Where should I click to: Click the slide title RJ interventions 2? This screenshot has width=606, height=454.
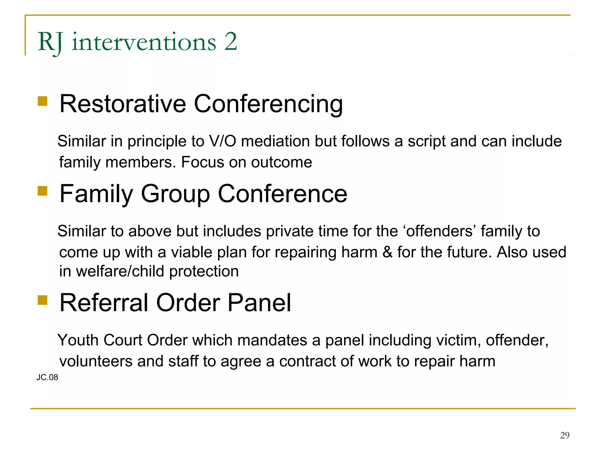[x=137, y=42]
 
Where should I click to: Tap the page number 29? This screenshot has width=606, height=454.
[x=565, y=435]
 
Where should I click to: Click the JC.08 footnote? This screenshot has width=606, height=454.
[x=47, y=377]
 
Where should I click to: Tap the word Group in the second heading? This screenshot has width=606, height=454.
[x=175, y=194]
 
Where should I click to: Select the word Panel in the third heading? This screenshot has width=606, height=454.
[x=259, y=303]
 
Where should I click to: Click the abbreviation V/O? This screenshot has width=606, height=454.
[x=222, y=141]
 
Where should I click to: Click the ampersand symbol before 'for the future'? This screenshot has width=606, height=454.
[x=387, y=252]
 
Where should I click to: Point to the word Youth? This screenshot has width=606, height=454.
[x=78, y=340]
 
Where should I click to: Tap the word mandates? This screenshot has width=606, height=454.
[x=272, y=340]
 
